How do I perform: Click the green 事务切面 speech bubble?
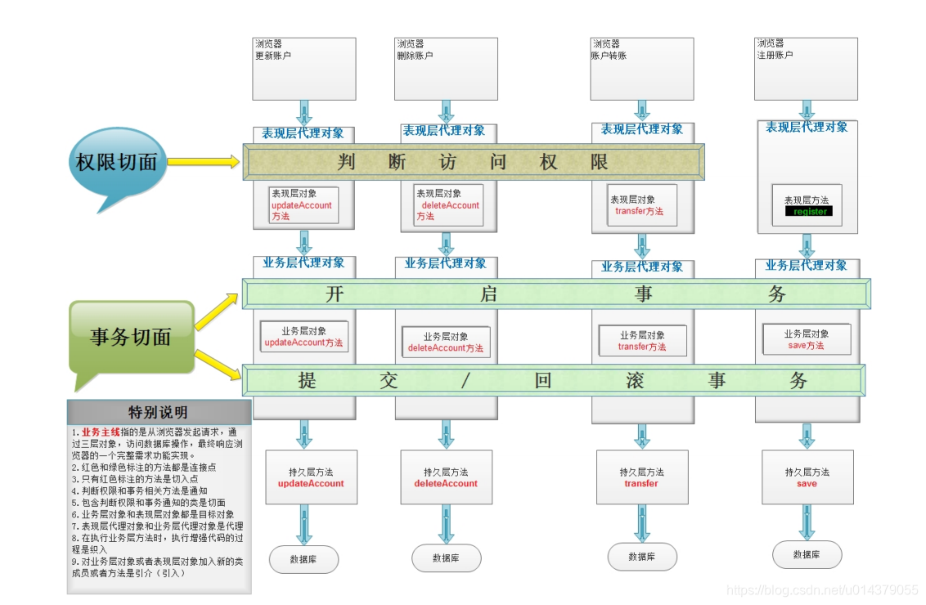pos(131,335)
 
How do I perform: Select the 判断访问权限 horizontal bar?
pos(474,162)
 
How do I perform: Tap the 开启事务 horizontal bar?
pos(556,294)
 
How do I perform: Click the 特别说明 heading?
pos(159,411)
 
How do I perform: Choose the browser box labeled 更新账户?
pos(304,69)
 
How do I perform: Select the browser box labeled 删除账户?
pos(446,69)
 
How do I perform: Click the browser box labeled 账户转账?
pos(641,69)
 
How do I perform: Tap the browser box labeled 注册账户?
pos(806,69)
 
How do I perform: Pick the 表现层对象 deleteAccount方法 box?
pos(447,205)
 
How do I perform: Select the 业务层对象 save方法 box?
pos(806,339)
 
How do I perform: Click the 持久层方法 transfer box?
pos(641,477)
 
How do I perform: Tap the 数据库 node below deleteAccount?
pos(446,558)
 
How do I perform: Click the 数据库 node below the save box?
pos(807,554)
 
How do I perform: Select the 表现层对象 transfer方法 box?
pos(641,205)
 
